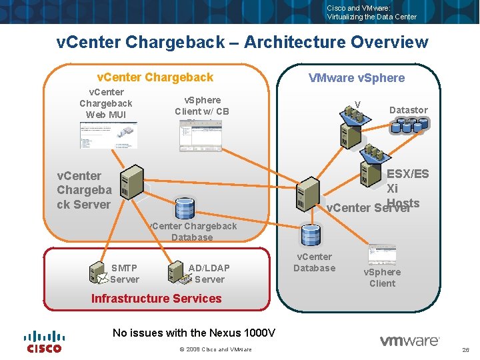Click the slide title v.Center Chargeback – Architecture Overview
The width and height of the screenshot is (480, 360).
pyautogui.click(x=243, y=43)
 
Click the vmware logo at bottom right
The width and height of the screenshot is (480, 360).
pyautogui.click(x=409, y=341)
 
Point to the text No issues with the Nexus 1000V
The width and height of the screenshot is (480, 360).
pyautogui.click(x=194, y=333)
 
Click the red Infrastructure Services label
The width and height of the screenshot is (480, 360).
pyautogui.click(x=156, y=299)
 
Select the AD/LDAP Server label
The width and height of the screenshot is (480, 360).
pyautogui.click(x=209, y=273)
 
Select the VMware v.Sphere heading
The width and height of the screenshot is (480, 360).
pyautogui.click(x=356, y=78)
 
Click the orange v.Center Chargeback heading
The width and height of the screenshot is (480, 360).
pyautogui.click(x=155, y=77)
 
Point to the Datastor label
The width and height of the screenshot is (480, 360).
pyautogui.click(x=408, y=110)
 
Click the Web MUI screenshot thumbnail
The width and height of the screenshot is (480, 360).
pyautogui.click(x=108, y=136)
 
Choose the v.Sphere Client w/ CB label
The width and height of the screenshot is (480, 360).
pyautogui.click(x=202, y=106)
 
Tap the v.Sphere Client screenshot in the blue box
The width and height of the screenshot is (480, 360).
pyautogui.click(x=382, y=255)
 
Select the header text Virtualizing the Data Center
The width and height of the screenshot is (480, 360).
pyautogui.click(x=371, y=17)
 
